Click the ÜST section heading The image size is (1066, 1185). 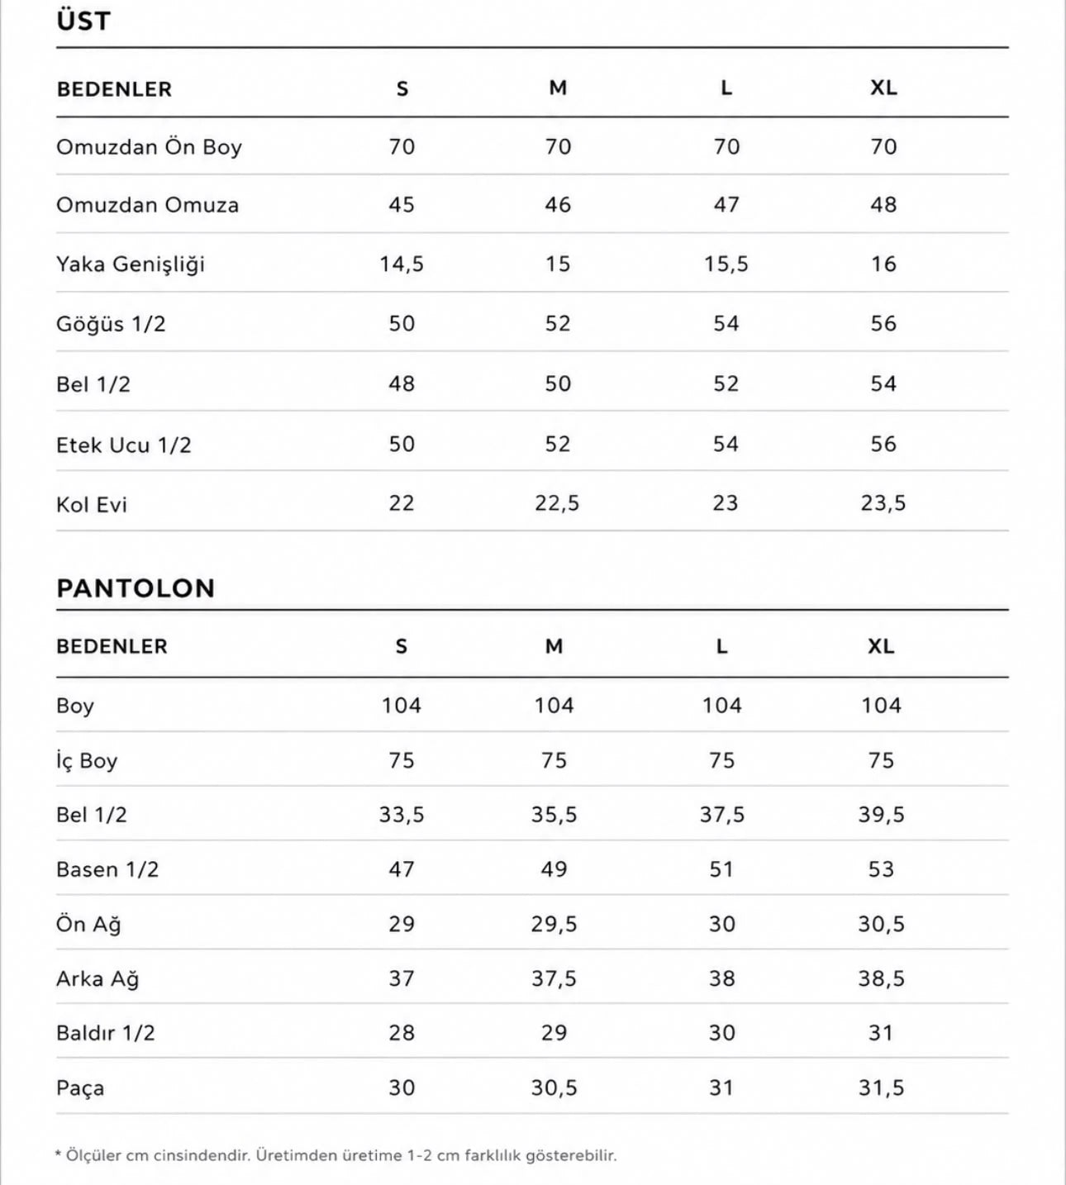pyautogui.click(x=83, y=20)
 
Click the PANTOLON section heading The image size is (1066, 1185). pyautogui.click(x=136, y=588)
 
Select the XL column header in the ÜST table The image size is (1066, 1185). pyautogui.click(x=883, y=88)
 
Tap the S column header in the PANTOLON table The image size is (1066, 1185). pyautogui.click(x=402, y=646)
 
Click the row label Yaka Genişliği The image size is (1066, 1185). pyautogui.click(x=131, y=264)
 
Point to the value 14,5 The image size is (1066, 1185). pyautogui.click(x=402, y=264)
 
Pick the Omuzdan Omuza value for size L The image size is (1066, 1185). pyautogui.click(x=726, y=205)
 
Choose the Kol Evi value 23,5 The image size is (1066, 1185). pyautogui.click(x=883, y=503)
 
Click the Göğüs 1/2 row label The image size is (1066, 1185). pyautogui.click(x=111, y=324)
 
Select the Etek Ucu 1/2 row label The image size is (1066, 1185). pyautogui.click(x=124, y=445)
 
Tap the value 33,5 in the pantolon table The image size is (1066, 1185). pyautogui.click(x=402, y=816)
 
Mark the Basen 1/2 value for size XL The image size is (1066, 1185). pyautogui.click(x=881, y=869)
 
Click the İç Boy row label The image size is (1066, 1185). pyautogui.click(x=87, y=761)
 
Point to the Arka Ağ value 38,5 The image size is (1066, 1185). pyautogui.click(x=882, y=979)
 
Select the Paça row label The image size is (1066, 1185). pyautogui.click(x=80, y=1088)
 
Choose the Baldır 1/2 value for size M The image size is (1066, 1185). pyautogui.click(x=554, y=1033)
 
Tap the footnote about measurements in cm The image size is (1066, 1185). pyautogui.click(x=336, y=1155)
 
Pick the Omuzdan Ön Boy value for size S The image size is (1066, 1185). pyautogui.click(x=402, y=146)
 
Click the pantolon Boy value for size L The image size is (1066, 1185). pyautogui.click(x=721, y=706)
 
